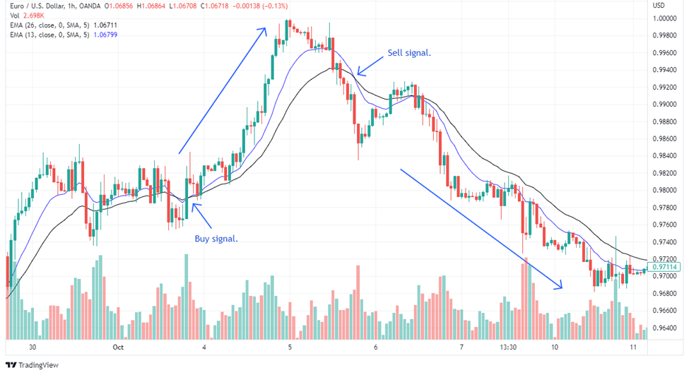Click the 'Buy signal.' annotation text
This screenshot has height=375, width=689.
tap(216, 239)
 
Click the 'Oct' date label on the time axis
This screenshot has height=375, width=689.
tap(118, 347)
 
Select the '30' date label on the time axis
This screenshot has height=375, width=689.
tap(33, 347)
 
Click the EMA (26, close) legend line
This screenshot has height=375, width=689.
tap(61, 25)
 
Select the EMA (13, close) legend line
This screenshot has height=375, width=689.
tap(61, 35)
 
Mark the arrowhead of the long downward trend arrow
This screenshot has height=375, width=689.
tap(560, 286)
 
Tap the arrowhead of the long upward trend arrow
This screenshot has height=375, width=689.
tap(264, 29)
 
